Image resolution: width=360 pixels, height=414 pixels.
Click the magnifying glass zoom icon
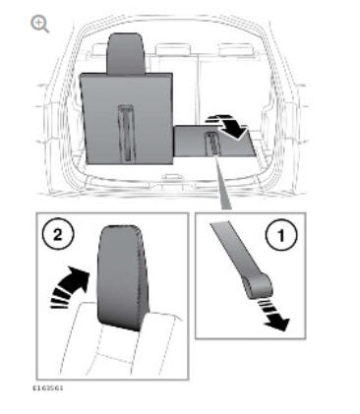tap(39, 25)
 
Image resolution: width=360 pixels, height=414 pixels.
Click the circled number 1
tap(281, 235)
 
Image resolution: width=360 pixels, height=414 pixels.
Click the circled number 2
tap(58, 235)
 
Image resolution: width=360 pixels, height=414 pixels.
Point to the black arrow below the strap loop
tap(275, 316)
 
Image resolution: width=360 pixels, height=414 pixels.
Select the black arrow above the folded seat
tap(229, 127)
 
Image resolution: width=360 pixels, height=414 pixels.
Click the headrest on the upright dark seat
tap(126, 53)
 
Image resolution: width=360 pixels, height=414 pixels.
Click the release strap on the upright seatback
tap(126, 133)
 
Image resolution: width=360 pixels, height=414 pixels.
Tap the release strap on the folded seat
tap(211, 144)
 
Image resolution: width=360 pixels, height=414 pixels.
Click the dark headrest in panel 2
tap(121, 277)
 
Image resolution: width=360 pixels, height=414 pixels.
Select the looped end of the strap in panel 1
tap(259, 286)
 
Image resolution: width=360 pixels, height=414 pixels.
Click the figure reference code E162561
tap(48, 388)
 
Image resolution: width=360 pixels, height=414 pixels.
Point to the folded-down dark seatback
tap(214, 141)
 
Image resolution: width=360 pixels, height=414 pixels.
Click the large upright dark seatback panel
tap(126, 118)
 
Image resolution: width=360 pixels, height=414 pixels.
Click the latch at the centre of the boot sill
tap(172, 177)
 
